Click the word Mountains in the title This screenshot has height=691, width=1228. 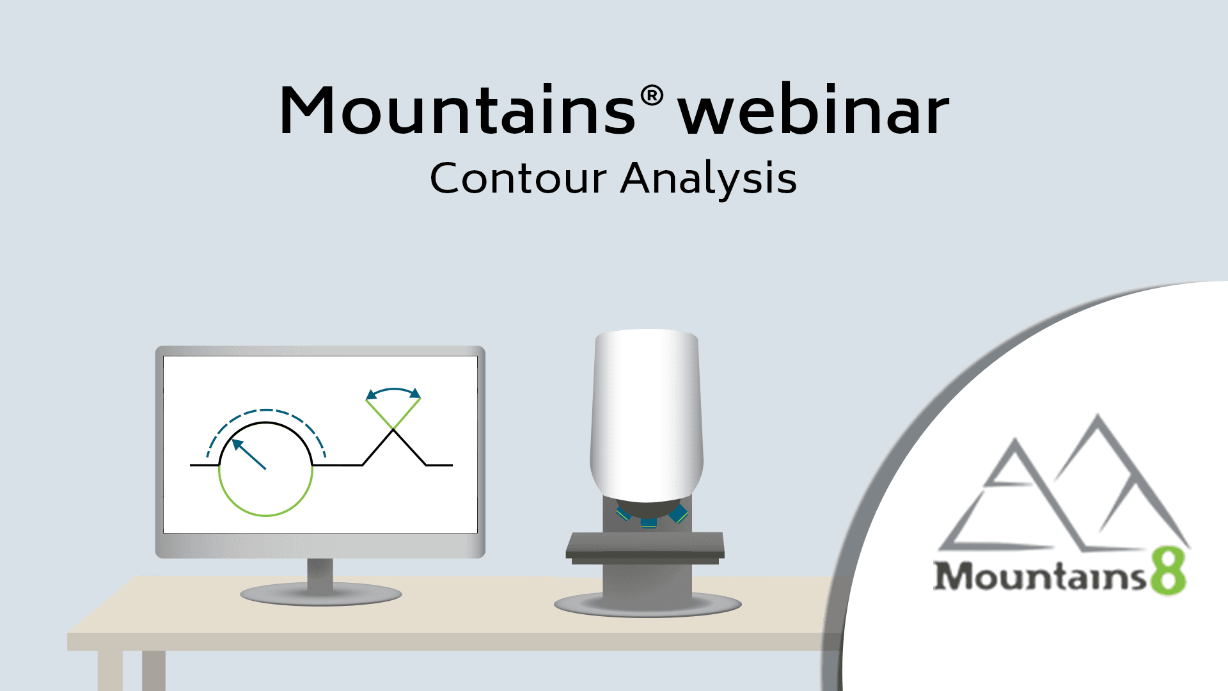(458, 110)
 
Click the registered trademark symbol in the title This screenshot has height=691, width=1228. (652, 97)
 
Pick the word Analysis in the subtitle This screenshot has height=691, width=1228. (709, 179)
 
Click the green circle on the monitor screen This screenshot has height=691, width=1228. (266, 515)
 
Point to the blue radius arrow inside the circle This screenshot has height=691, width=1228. (249, 454)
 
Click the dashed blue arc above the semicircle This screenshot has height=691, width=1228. (266, 410)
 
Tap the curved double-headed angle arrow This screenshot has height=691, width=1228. (393, 389)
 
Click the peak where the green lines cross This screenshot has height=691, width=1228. (393, 430)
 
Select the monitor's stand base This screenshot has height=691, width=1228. (321, 594)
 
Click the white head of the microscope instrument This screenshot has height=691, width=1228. (647, 416)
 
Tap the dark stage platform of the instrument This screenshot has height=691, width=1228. (645, 548)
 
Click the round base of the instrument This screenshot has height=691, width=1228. (647, 604)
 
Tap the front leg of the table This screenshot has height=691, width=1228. (109, 671)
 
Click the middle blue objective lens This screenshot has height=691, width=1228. (649, 523)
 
